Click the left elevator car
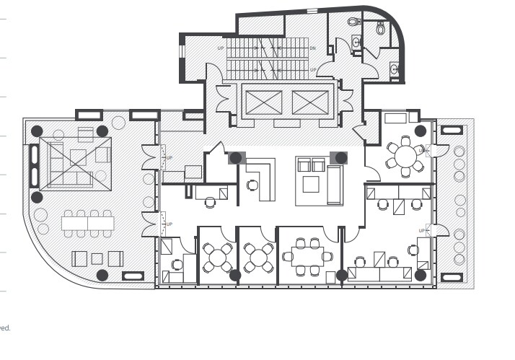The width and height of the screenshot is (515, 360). [263, 102]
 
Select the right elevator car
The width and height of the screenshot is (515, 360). [310, 102]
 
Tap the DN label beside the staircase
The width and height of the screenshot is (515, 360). [312, 48]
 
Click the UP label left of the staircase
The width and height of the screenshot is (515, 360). [221, 48]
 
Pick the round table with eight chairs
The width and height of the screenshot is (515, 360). [405, 155]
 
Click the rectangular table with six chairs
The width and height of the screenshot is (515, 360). [307, 256]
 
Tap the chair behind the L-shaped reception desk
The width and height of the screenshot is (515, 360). [252, 185]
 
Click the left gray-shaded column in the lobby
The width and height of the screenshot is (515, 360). [237, 157]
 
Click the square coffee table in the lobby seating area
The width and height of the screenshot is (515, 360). [310, 184]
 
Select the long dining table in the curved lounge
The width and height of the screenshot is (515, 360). [87, 224]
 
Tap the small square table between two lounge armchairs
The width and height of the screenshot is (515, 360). [97, 258]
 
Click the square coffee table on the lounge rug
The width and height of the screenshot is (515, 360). [78, 157]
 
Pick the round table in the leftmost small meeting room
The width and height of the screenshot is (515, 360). [218, 256]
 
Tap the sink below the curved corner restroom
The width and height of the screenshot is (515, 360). [394, 69]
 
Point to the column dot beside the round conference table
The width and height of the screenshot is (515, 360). [420, 131]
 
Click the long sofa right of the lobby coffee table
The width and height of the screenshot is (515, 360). [334, 185]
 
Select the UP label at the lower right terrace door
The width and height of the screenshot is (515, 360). [421, 231]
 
